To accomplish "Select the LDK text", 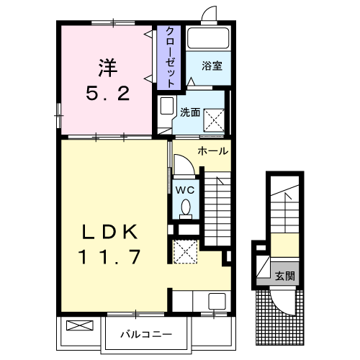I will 109,231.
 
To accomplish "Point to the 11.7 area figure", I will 109,255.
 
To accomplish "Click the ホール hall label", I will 212,151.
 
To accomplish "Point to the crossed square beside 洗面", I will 213,118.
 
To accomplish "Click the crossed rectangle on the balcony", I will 76,326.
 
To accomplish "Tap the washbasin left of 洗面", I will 166,107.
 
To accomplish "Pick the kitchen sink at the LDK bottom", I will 215,301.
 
